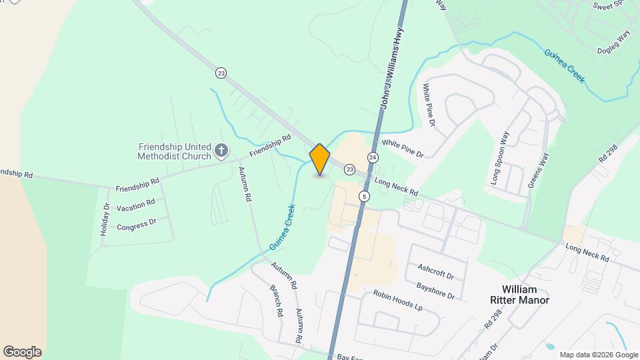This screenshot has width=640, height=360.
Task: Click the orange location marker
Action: [320, 159]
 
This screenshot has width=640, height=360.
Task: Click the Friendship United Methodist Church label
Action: [174, 151]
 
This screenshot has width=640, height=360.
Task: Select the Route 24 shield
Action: [373, 157]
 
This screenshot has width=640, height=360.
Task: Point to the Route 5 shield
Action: [363, 196]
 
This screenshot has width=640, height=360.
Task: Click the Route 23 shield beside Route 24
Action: [349, 170]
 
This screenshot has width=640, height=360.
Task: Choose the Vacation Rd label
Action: [135, 205]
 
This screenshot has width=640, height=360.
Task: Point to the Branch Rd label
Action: [277, 302]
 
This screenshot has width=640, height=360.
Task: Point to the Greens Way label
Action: [538, 170]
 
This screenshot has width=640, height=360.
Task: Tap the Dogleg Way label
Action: [613, 44]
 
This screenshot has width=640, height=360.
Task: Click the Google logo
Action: [22, 352]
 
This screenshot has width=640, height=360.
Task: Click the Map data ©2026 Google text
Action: [599, 355]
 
